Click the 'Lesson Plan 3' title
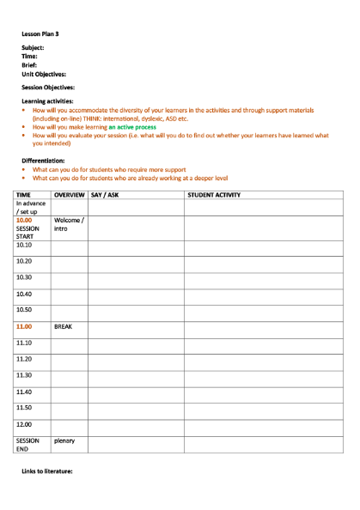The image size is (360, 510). point(41,33)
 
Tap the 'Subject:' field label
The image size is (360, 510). point(34,47)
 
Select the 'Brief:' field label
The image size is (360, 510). point(30,65)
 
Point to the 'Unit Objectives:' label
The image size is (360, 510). point(44,74)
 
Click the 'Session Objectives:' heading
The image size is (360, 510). point(47,88)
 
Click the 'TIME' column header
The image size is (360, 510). point(24,196)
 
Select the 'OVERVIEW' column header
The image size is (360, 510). point(69,196)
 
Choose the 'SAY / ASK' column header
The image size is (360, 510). point(105,196)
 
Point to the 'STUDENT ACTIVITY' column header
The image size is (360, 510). point(214,196)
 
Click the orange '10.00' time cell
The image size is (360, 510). point(24,220)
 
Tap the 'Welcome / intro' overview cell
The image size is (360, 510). point(69,225)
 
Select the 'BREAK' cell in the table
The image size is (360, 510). point(64,327)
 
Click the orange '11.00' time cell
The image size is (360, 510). point(24,327)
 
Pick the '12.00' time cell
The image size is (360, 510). point(24,424)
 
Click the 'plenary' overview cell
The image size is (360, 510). point(64,440)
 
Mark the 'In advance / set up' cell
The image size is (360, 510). point(31,207)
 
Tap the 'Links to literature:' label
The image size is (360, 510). point(47,472)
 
